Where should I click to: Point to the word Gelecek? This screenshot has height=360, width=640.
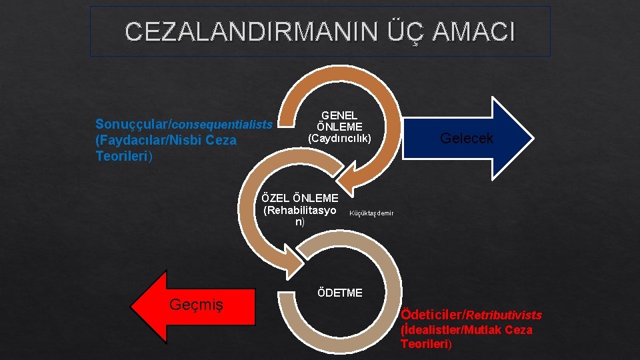coord(467,138)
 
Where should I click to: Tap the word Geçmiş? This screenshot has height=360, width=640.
coord(196,305)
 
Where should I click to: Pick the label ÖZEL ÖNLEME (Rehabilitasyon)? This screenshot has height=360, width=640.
coord(300,210)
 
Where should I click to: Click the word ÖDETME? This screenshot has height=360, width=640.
coord(340,293)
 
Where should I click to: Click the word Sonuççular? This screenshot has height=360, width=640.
coord(133,124)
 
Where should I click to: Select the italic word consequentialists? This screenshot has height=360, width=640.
coord(223,124)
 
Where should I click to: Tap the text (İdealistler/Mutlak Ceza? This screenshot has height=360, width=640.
coord(466,330)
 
